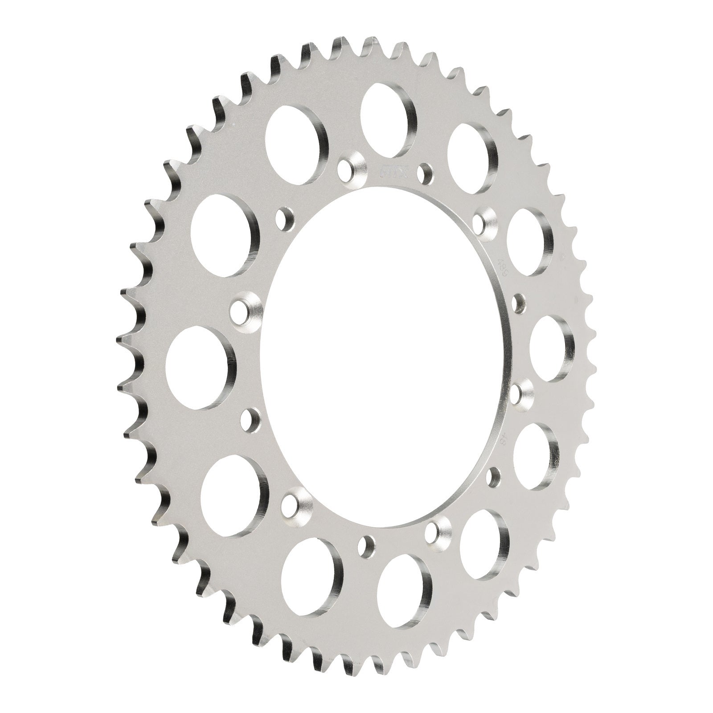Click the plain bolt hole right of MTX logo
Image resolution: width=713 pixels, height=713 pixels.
[425, 171]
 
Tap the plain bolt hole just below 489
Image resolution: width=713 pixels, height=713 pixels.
[518, 303]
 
